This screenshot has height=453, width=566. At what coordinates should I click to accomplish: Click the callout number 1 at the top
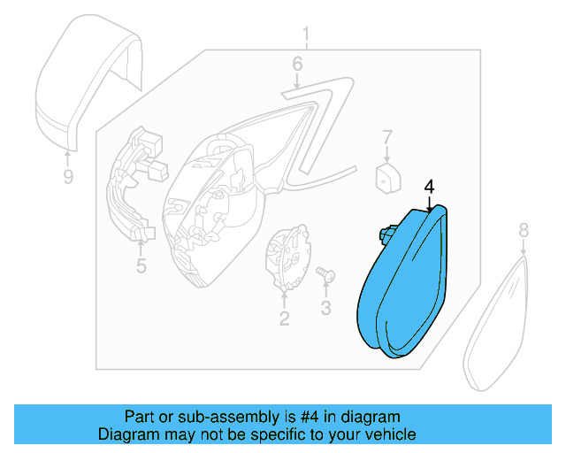pos(307,36)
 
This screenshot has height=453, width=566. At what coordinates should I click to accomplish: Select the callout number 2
pos(284,319)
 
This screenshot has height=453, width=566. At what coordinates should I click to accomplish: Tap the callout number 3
pos(325,308)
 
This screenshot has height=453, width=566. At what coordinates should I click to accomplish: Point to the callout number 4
pos(429,187)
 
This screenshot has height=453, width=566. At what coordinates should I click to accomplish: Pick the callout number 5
pos(141,265)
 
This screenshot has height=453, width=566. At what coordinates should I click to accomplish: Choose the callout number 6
pos(297,64)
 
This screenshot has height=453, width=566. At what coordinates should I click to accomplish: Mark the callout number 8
pos(523,230)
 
